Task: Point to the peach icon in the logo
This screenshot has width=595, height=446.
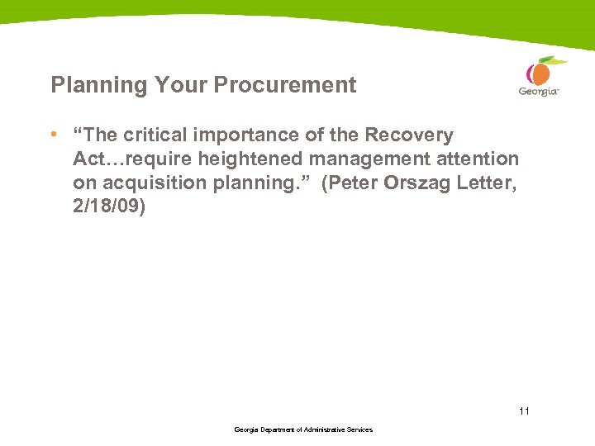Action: coord(540,73)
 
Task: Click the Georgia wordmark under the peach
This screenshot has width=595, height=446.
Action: coord(538,92)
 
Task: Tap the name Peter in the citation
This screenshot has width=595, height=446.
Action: coord(351,182)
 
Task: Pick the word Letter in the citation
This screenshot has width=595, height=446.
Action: coord(488,182)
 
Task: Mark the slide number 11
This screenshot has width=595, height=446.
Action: coord(524,410)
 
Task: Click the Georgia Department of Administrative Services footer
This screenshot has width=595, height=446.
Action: coord(303,430)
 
